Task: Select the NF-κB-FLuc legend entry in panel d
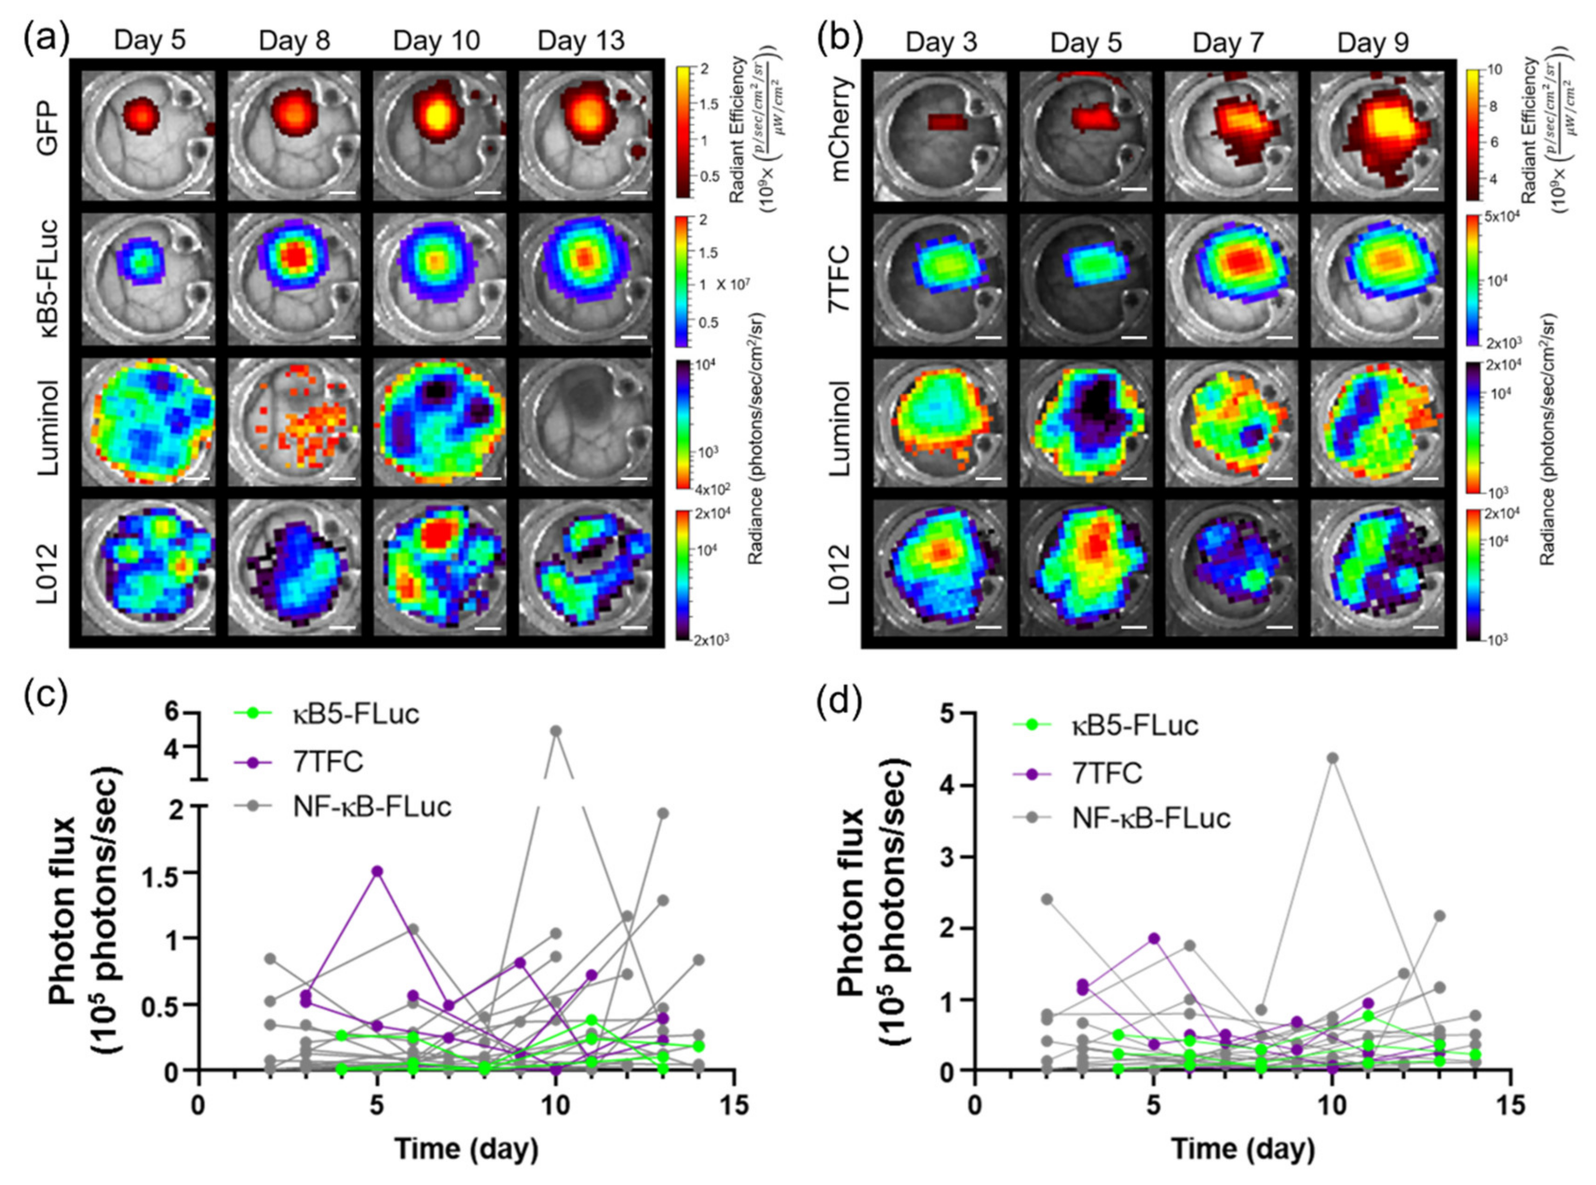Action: click(1151, 818)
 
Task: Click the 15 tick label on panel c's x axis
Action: click(733, 1105)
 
